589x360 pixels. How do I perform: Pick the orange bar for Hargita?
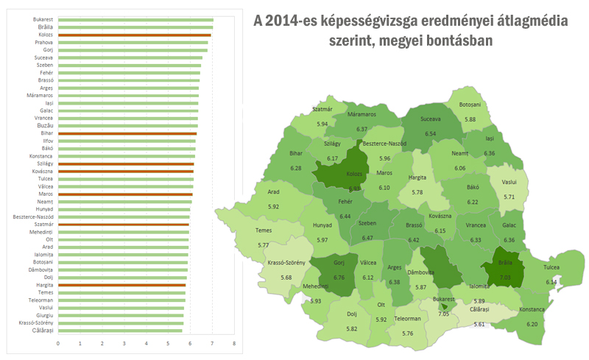point(121,284)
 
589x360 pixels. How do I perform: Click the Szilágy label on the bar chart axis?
point(42,163)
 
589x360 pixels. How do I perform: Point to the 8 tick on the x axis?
point(234,344)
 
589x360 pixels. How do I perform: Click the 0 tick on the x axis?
point(57,344)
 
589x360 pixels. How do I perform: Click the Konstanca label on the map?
point(532,309)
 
